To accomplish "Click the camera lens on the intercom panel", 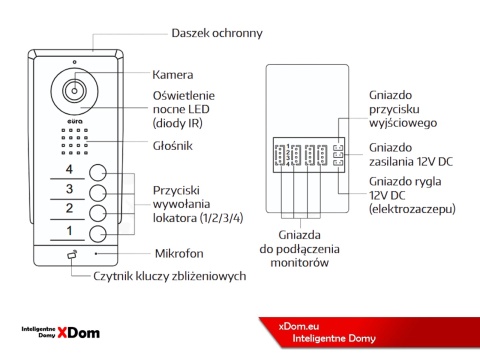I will click(x=75, y=89).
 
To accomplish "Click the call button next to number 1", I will click(x=98, y=233).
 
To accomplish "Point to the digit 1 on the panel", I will click(x=69, y=231).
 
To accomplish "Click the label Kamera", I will click(x=172, y=74).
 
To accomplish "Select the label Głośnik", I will click(x=172, y=146).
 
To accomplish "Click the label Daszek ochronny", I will click(x=217, y=32).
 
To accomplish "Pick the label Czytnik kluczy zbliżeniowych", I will click(x=170, y=275).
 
